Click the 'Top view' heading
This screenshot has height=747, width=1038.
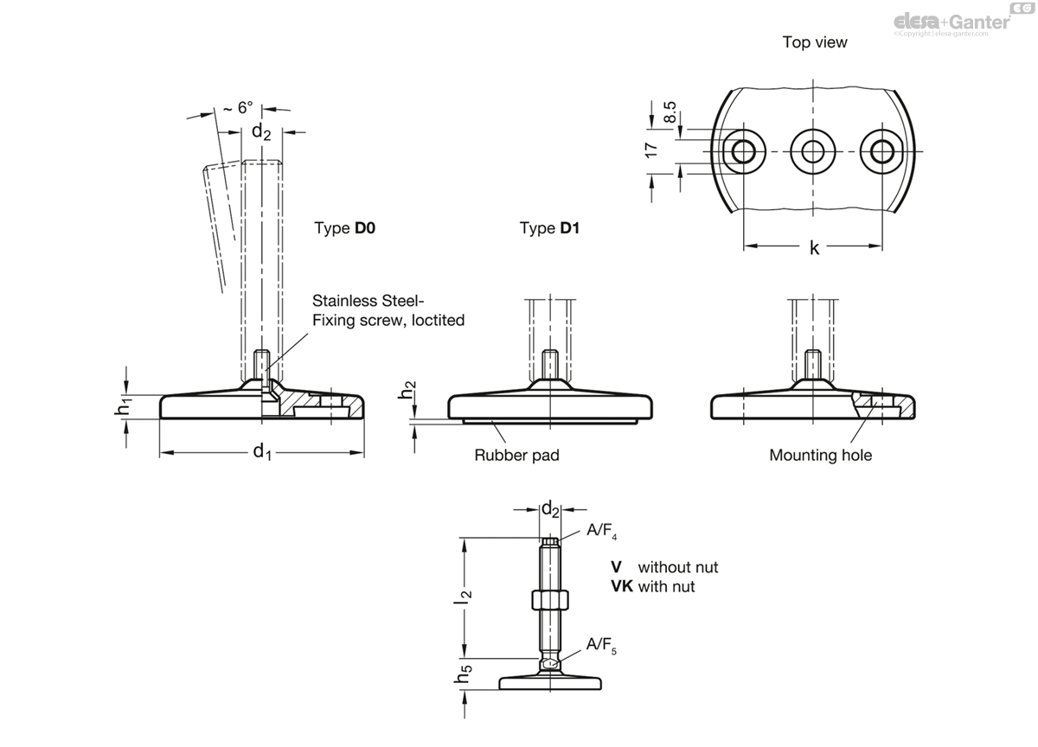815,42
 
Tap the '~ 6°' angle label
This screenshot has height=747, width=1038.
238,108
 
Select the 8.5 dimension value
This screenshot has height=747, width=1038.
670,112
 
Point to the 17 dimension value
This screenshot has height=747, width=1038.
651,150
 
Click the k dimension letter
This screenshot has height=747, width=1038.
814,248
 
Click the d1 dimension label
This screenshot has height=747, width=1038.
262,451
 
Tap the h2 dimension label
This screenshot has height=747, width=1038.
407,390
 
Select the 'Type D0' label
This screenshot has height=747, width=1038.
345,228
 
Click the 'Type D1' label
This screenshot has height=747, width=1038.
549,228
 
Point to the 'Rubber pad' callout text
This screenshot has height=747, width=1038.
516,456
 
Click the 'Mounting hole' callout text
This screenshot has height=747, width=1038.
821,456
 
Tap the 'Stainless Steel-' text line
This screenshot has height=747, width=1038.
368,301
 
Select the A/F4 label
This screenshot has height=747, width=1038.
601,530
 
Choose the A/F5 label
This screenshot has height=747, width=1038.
601,645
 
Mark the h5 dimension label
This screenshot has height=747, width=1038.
463,674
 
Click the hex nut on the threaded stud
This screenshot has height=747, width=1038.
550,600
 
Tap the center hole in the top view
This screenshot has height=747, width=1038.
813,151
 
